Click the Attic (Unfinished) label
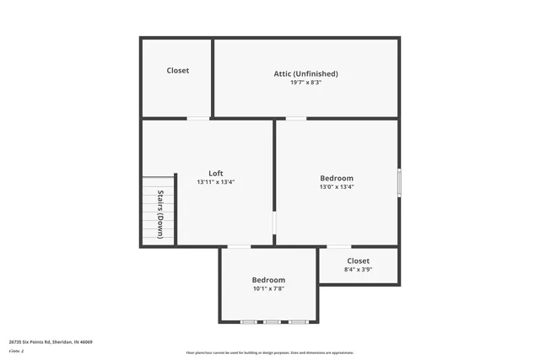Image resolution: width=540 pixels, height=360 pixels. click(x=305, y=73)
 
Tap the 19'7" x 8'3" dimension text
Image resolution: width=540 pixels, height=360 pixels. click(x=305, y=83)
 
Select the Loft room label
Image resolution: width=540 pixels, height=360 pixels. click(x=215, y=173)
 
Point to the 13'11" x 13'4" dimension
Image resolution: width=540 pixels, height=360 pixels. click(x=215, y=182)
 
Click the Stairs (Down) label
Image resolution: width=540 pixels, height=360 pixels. click(x=159, y=214)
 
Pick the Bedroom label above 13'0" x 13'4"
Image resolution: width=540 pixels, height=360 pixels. click(x=337, y=178)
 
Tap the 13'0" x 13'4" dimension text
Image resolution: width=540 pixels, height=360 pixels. click(x=337, y=187)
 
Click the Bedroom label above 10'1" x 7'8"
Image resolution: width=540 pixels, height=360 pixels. click(x=268, y=280)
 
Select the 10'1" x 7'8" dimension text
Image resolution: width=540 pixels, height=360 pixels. click(x=268, y=289)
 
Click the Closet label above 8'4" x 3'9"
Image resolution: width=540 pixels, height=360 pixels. click(x=358, y=261)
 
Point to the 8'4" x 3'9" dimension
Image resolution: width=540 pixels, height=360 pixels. click(x=358, y=271)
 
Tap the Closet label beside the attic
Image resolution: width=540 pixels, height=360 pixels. click(x=178, y=71)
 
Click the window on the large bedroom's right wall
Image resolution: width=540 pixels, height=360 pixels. click(x=398, y=183)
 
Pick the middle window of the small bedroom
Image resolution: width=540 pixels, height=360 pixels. click(x=272, y=322)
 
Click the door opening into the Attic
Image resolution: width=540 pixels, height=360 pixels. click(x=296, y=118)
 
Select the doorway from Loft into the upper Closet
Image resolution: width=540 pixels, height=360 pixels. click(x=198, y=118)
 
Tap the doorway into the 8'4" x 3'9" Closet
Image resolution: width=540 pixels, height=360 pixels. click(x=338, y=247)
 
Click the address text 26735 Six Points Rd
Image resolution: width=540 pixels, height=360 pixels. click(x=51, y=341)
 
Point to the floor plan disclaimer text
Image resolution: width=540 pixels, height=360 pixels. click(x=269, y=352)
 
